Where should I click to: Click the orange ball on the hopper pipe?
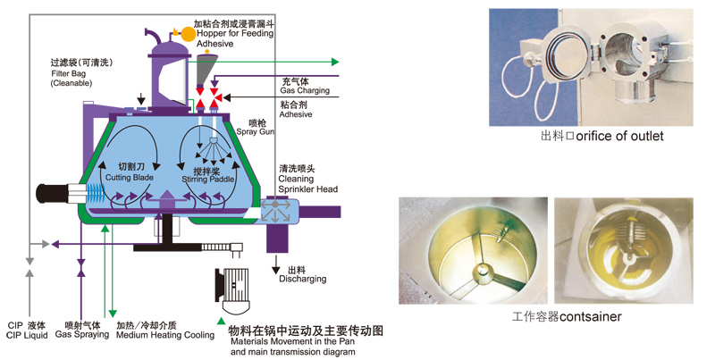coord(189,33)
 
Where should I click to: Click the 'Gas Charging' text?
coord(305,91)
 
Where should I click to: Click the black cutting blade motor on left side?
coord(55,192)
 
